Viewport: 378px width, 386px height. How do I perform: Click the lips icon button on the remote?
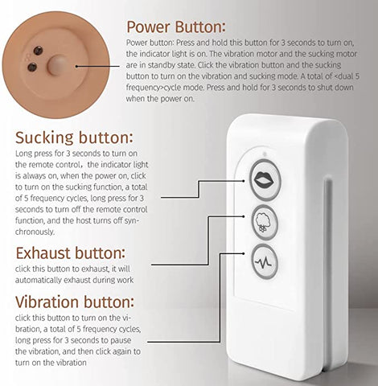pyautogui.click(x=265, y=179)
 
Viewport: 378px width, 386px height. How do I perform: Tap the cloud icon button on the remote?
pyautogui.click(x=265, y=222)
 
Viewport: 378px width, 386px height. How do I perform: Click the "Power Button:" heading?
pyautogui.click(x=176, y=27)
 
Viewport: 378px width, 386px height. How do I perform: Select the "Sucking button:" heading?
pyautogui.click(x=74, y=138)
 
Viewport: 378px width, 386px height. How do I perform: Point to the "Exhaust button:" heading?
pyautogui.click(x=71, y=253)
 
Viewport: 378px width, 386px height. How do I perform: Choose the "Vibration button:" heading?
pyautogui.click(x=75, y=302)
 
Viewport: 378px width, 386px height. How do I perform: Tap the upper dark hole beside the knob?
pyautogui.click(x=38, y=50)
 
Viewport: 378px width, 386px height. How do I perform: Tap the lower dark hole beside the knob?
pyautogui.click(x=32, y=67)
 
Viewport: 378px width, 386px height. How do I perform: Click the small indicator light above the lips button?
pyautogui.click(x=265, y=154)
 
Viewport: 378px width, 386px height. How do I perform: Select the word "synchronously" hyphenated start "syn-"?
pyautogui.click(x=130, y=221)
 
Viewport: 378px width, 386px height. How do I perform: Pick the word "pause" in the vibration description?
pyautogui.click(x=121, y=340)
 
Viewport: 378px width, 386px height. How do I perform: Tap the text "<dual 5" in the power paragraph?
pyautogui.click(x=347, y=76)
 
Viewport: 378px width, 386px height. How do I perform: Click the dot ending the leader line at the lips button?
pyautogui.click(x=244, y=181)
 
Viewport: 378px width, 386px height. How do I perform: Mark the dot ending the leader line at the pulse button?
pyautogui.click(x=244, y=253)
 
